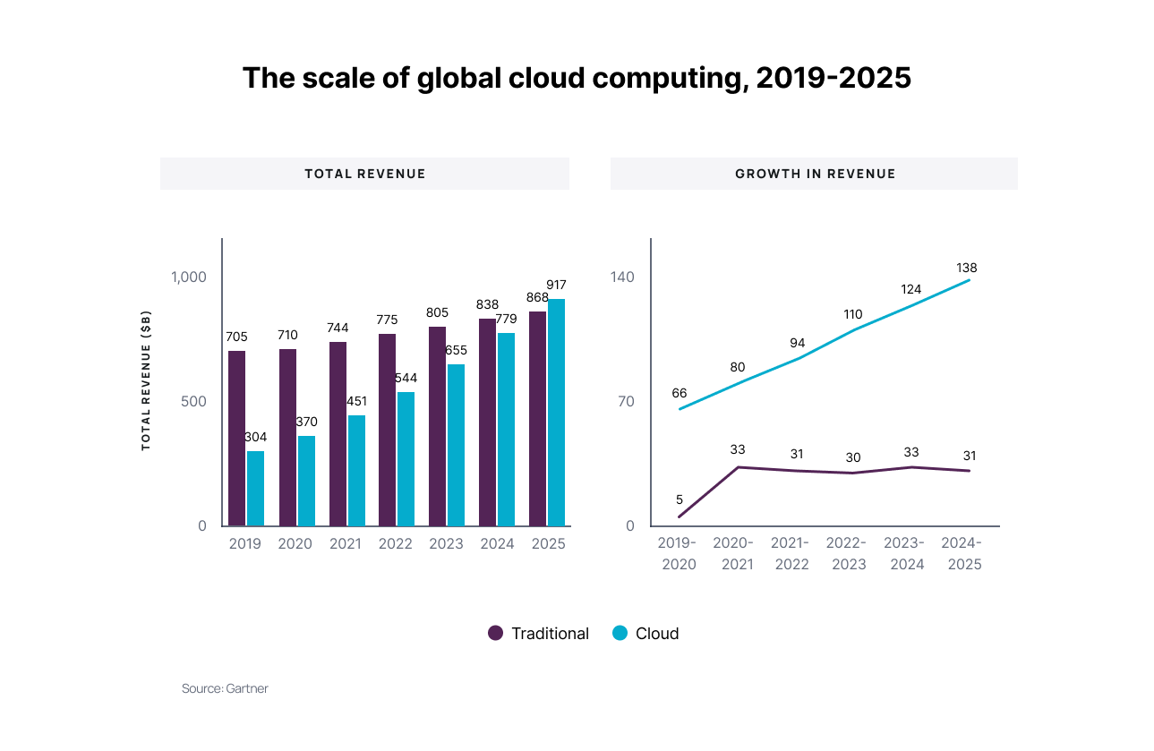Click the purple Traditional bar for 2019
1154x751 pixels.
tap(236, 438)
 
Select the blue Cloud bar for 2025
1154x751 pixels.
tap(556, 412)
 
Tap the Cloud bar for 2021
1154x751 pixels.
tap(356, 470)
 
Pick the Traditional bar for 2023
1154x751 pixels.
tap(437, 426)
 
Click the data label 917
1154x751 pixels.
tap(556, 285)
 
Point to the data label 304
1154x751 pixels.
tap(256, 437)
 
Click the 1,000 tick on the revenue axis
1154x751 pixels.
tap(189, 277)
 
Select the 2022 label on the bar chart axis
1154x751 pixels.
tap(396, 543)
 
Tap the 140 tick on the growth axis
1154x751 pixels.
tap(622, 277)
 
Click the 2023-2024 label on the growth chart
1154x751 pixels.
tap(908, 553)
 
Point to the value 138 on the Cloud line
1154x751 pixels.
tap(966, 268)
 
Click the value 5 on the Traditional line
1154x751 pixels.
tap(680, 499)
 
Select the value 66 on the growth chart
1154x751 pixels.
tap(680, 393)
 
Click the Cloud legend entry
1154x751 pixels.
tap(645, 634)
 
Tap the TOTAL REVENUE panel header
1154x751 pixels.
tap(364, 174)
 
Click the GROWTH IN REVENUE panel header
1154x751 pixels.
tap(815, 174)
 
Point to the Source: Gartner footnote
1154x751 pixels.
tap(225, 688)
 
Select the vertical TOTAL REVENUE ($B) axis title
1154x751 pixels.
tap(146, 380)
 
